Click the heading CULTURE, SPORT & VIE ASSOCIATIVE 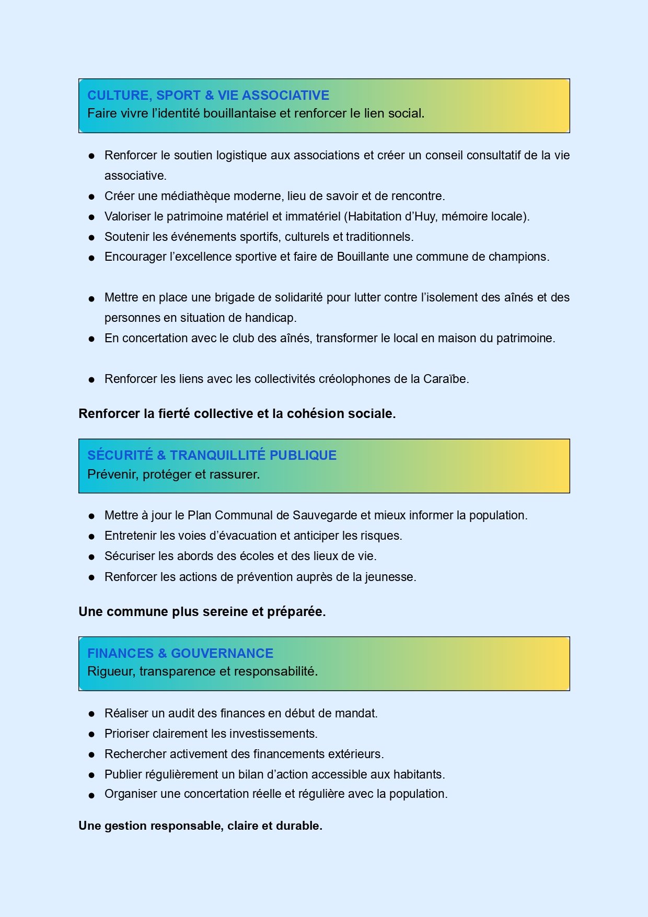point(208,95)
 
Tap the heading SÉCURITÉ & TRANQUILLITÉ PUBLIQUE point(212,455)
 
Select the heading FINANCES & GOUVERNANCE point(180,653)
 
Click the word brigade point(234,297)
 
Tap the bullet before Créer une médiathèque point(91,197)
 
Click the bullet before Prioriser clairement point(91,735)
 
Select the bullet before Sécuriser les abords point(91,557)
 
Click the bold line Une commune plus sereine point(202,611)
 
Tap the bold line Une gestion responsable point(200,826)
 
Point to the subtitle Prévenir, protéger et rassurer point(173,474)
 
